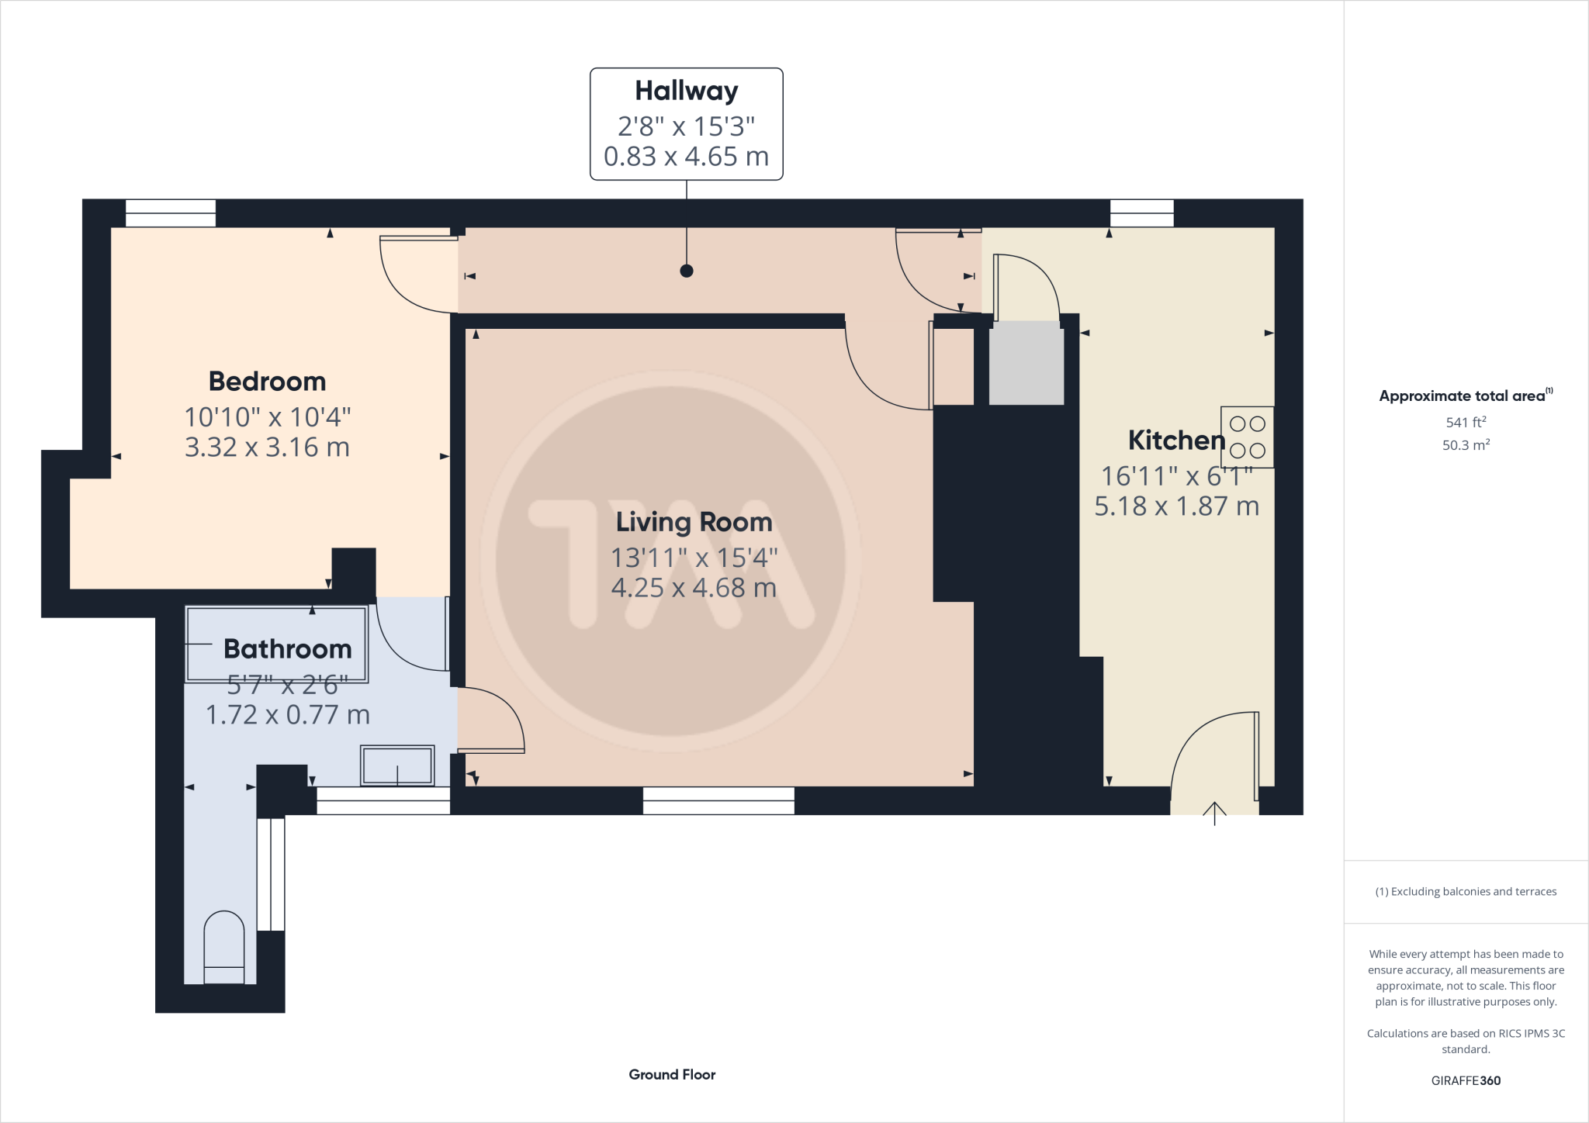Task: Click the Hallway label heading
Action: click(x=686, y=92)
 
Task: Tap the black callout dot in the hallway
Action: click(x=686, y=271)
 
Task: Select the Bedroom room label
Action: click(x=267, y=382)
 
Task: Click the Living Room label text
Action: click(x=694, y=522)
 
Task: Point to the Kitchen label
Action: click(x=1175, y=441)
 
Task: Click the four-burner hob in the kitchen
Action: click(x=1247, y=437)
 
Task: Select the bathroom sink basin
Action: click(x=397, y=765)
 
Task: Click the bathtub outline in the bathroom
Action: click(x=275, y=644)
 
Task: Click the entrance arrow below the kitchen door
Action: click(x=1214, y=813)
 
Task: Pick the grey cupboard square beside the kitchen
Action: click(x=1026, y=364)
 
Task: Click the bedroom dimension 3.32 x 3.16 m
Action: click(x=267, y=447)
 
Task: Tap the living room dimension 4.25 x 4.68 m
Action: click(x=694, y=588)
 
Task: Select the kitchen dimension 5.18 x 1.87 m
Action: click(x=1176, y=506)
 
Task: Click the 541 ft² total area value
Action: click(x=1466, y=423)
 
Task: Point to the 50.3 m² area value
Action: click(x=1466, y=445)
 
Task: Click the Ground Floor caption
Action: click(x=672, y=1074)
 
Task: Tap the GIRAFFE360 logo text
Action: click(x=1466, y=1080)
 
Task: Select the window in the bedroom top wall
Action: click(x=170, y=213)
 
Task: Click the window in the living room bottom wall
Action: click(x=718, y=800)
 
